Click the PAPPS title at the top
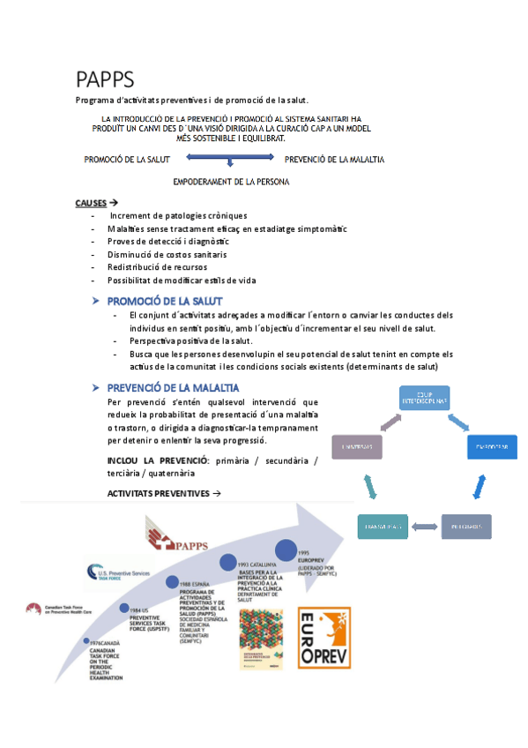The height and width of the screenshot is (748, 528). [x=104, y=80]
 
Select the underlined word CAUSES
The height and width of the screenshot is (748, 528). [x=92, y=204]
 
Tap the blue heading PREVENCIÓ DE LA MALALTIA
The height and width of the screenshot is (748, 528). [x=172, y=387]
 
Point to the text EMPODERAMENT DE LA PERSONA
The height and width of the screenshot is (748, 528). [x=232, y=182]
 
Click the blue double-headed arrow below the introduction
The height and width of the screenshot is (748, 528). [x=230, y=160]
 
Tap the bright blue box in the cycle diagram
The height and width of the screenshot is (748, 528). [x=490, y=447]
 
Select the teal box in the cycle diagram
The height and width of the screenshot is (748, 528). [x=382, y=527]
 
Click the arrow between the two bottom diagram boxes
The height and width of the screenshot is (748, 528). [x=426, y=527]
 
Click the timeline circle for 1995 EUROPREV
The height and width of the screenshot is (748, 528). [x=286, y=550]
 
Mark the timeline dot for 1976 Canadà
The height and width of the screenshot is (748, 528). [x=86, y=640]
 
